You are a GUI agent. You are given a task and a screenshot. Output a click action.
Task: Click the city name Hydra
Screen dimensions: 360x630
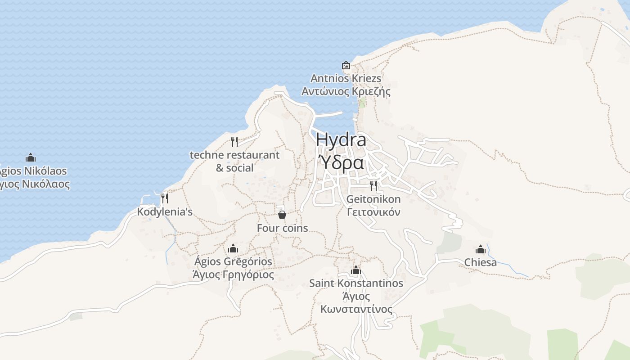tap(341, 140)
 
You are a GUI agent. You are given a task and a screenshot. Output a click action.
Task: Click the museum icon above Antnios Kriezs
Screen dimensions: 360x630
tap(346, 66)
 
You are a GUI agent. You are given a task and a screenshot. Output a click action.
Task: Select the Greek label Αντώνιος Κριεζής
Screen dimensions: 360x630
tap(346, 92)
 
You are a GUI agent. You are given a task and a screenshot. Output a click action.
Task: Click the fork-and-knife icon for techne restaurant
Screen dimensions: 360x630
tap(234, 142)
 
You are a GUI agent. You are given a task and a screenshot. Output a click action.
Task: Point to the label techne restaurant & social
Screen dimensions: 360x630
tap(234, 161)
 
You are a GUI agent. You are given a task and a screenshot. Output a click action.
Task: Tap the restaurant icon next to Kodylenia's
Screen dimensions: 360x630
tap(165, 198)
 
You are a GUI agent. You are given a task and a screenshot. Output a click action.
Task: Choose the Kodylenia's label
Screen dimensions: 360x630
tap(165, 211)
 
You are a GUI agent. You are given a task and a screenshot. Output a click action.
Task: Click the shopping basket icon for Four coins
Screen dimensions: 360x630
tap(282, 214)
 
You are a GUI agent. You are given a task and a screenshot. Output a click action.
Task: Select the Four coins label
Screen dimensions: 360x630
tap(282, 228)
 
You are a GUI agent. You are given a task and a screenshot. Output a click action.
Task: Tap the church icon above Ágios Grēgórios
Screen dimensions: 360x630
tap(233, 248)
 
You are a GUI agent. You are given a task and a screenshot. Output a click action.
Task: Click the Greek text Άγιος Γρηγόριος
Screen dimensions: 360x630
tap(233, 274)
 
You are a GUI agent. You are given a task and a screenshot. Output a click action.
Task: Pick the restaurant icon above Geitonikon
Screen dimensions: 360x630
tap(373, 185)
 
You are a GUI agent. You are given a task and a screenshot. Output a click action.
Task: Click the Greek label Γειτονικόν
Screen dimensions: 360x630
tap(373, 212)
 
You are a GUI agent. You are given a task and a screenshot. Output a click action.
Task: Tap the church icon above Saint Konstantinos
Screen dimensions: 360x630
tap(356, 270)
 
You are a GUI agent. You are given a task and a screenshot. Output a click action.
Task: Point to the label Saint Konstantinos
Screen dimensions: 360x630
tap(356, 283)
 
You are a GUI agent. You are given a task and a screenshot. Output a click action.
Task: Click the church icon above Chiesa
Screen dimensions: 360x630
tap(481, 249)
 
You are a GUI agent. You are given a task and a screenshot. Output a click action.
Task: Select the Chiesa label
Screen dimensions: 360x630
tap(481, 262)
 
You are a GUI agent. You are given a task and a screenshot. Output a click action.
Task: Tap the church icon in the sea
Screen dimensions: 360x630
tap(31, 158)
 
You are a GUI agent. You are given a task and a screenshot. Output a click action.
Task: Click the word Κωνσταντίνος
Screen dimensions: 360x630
tap(356, 310)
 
